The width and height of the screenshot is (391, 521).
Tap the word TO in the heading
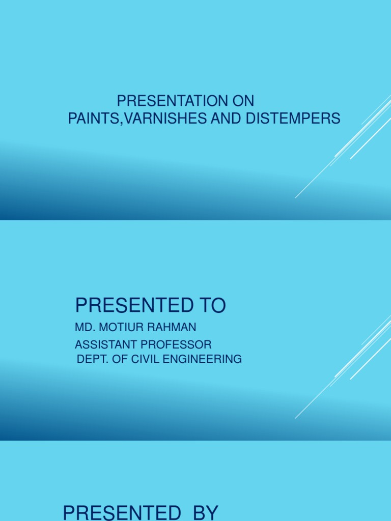tap(210, 305)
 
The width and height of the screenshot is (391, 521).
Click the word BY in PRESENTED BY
tap(205, 512)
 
